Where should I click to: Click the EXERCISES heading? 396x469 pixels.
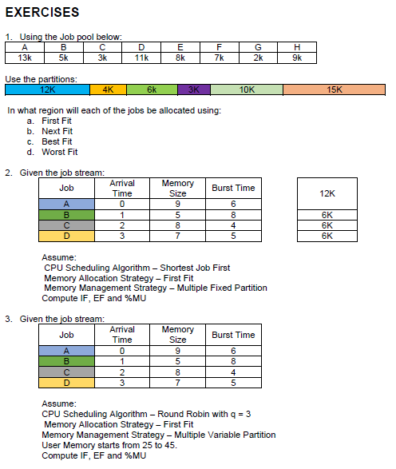click(42, 13)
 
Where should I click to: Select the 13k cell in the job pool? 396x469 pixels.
click(25, 58)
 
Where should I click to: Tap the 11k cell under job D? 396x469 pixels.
click(141, 58)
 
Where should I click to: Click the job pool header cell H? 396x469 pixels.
click(297, 47)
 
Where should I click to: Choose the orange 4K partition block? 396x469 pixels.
click(108, 89)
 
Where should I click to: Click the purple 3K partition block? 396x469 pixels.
click(193, 89)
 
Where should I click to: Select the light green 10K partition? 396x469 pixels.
click(247, 89)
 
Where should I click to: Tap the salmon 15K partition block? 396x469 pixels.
click(335, 89)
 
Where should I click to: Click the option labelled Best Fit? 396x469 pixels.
click(57, 141)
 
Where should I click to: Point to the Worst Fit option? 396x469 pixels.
click(59, 152)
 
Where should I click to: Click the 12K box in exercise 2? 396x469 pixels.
click(327, 193)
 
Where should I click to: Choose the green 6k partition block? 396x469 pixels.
click(152, 89)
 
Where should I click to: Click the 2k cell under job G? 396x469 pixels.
click(258, 58)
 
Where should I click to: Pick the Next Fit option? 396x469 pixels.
click(57, 131)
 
